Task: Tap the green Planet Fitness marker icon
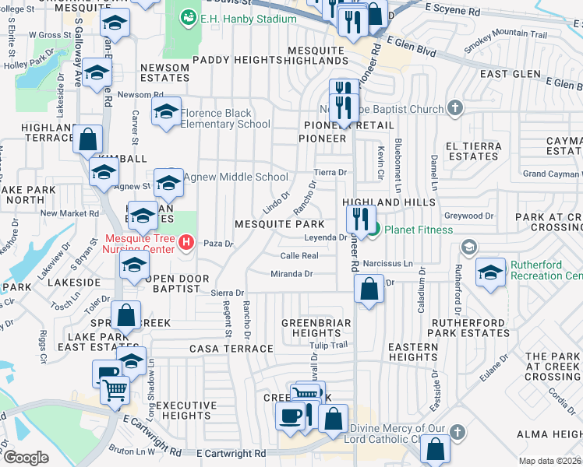point(373,229)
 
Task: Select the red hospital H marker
point(185,243)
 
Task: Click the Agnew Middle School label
point(230,177)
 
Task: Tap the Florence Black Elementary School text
point(226,118)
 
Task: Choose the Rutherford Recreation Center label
point(546,269)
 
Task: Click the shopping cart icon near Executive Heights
point(115,389)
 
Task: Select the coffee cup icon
point(290,415)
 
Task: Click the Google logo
point(26,458)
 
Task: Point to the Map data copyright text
point(550,461)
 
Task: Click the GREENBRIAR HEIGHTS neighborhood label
point(316,328)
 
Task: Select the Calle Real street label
point(299,255)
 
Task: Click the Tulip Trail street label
point(328,346)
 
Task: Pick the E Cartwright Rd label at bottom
point(231,453)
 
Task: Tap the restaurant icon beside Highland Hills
point(361,217)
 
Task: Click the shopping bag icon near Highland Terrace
point(88,140)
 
